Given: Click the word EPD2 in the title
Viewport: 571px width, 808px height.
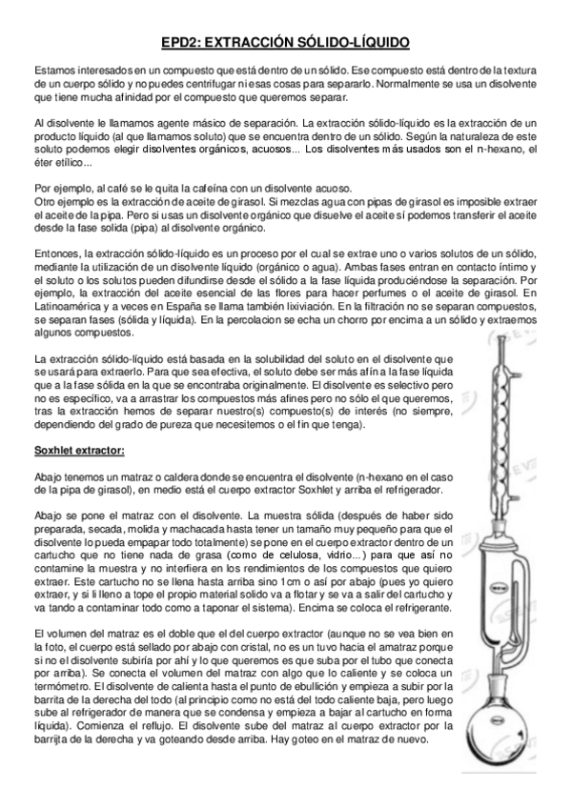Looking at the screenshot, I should coord(176,43).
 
